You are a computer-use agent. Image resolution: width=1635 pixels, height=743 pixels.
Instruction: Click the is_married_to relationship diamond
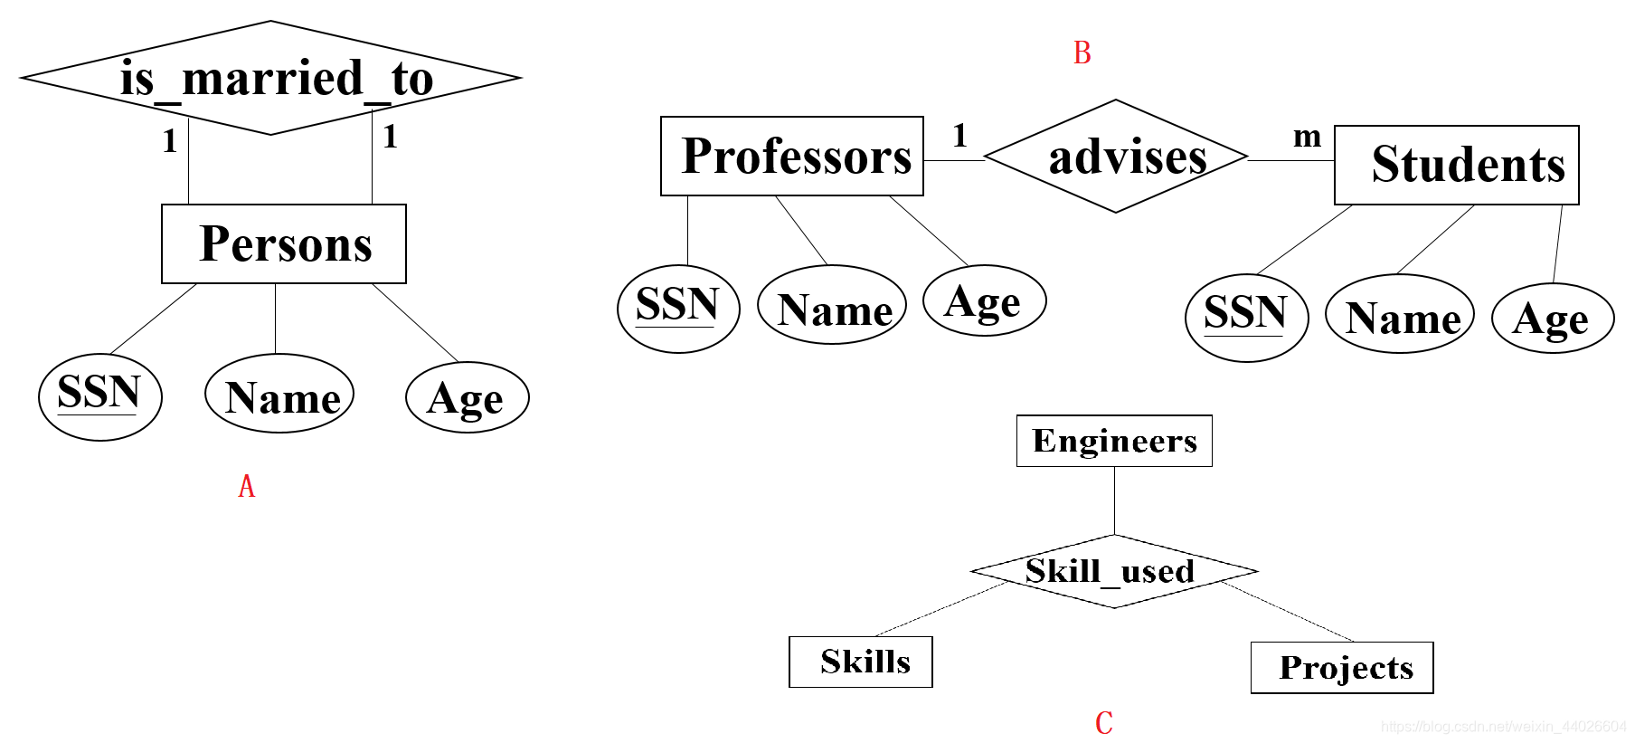tap(270, 78)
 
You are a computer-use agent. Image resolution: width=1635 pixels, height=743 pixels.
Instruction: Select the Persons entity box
tap(284, 244)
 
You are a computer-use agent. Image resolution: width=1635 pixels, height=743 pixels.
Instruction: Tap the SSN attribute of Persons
tap(99, 396)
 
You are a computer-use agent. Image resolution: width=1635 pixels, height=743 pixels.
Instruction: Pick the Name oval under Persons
tap(279, 394)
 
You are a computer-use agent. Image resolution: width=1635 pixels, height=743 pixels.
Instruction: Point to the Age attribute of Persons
tap(467, 397)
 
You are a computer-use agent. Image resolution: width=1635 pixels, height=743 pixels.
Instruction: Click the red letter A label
tap(246, 487)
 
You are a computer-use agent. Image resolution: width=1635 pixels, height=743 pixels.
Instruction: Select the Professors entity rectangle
tap(792, 156)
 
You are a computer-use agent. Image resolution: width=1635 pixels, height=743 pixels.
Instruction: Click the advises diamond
tap(1116, 157)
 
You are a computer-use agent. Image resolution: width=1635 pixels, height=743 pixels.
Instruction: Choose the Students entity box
tap(1456, 165)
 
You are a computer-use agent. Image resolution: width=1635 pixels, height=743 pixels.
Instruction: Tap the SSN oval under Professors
tap(678, 308)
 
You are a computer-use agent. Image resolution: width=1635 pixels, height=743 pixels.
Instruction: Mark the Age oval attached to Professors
tap(984, 300)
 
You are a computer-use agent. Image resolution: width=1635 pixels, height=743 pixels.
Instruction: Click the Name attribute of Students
tap(1400, 313)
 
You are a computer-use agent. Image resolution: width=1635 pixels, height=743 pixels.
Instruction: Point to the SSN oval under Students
tap(1246, 317)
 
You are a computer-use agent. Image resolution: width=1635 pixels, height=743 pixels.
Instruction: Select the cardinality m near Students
tap(1307, 136)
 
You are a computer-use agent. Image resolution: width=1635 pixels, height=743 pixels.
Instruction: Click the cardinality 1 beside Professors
tap(959, 136)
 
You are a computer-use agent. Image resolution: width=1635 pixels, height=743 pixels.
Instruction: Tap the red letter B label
tap(1082, 53)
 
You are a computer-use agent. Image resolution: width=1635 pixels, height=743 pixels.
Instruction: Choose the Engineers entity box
tap(1114, 441)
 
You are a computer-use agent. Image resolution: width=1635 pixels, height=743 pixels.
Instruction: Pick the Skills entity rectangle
tap(861, 662)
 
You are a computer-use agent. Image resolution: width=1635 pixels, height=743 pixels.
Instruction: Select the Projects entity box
tap(1342, 668)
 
